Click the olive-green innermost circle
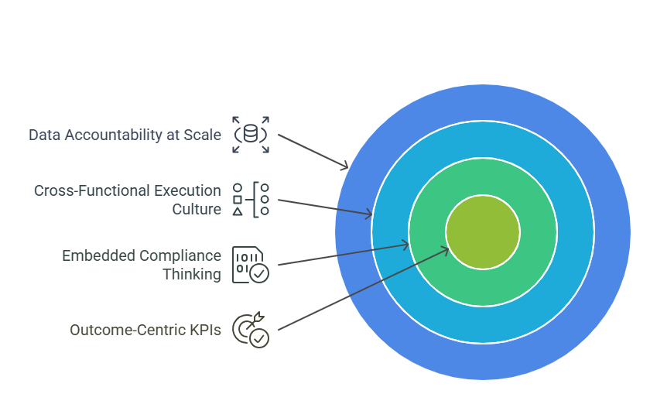[x=483, y=232]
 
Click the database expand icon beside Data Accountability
[x=251, y=135]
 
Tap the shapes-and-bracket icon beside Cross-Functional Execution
[x=251, y=200]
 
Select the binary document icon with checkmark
[x=251, y=265]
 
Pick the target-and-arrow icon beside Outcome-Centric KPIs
[x=251, y=330]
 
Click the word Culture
[x=197, y=209]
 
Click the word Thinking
[x=192, y=275]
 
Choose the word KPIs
[x=206, y=330]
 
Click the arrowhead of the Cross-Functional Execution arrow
[x=368, y=214]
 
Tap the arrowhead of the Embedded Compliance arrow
[x=405, y=245]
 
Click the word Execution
[x=188, y=190]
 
